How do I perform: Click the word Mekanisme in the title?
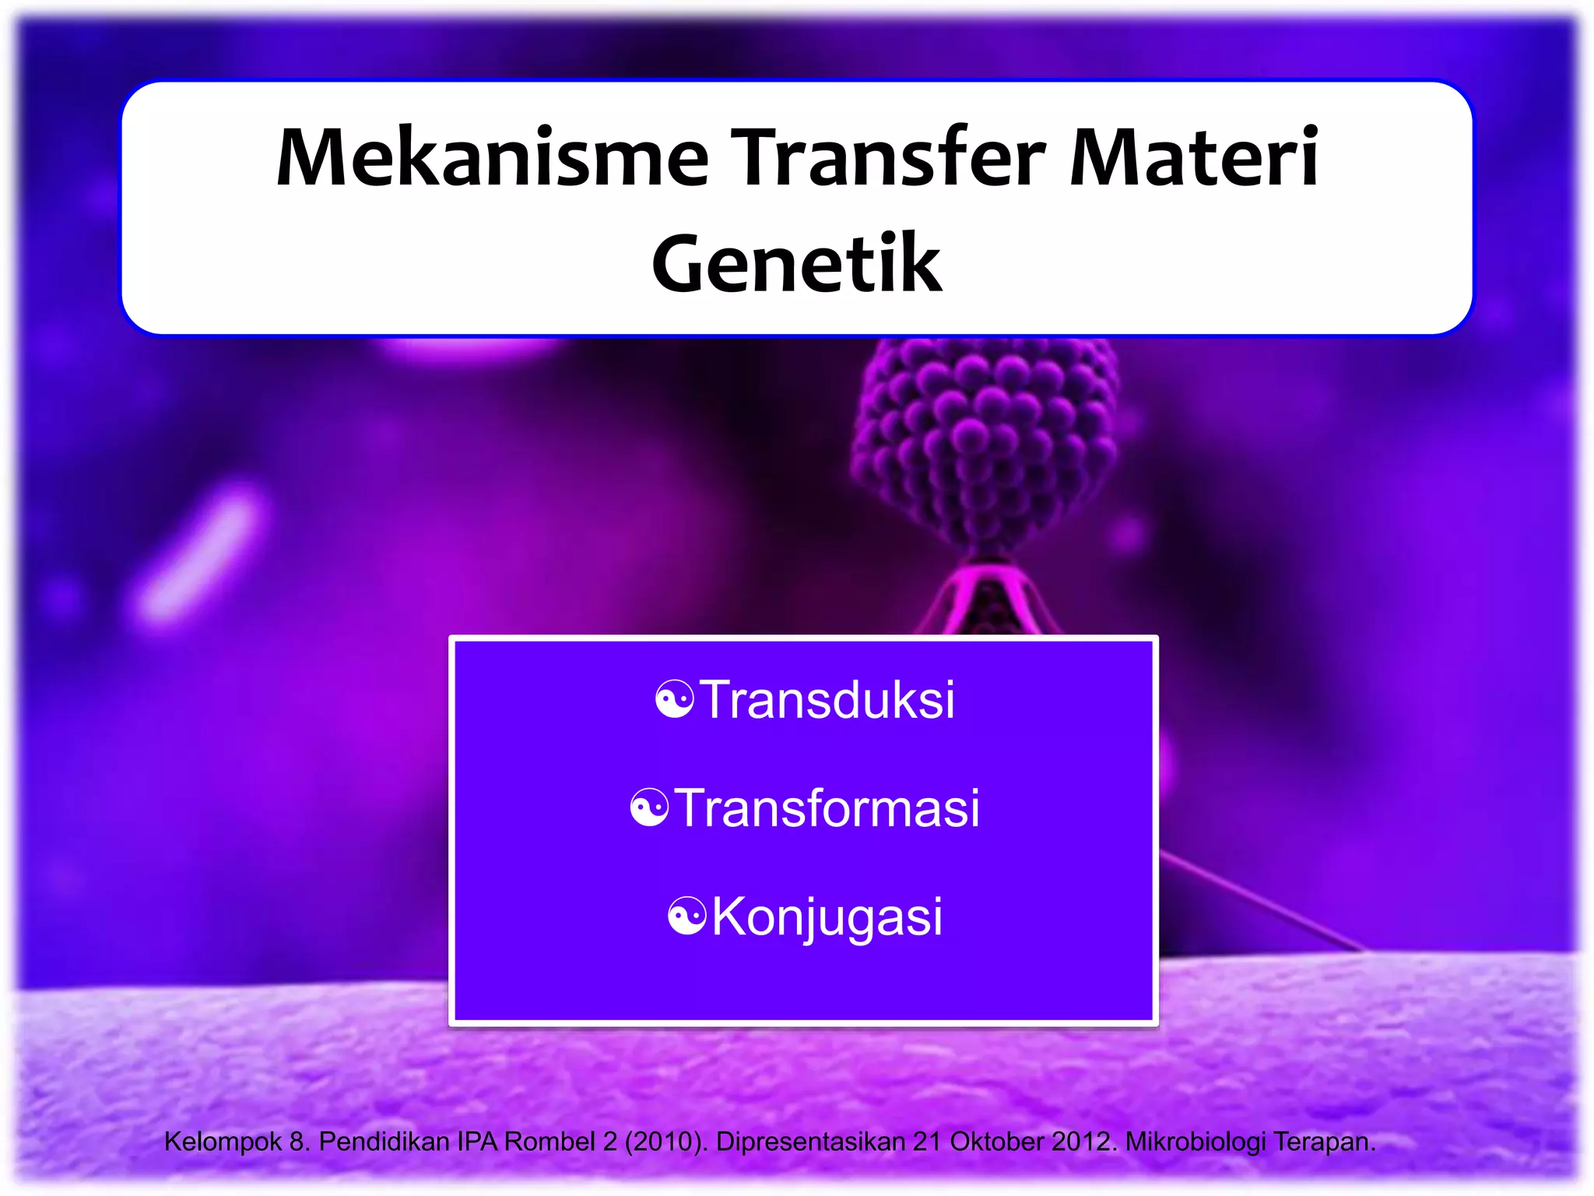click(492, 159)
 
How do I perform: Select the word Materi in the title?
click(1194, 159)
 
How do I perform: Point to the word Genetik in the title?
click(797, 265)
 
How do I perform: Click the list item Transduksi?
click(827, 699)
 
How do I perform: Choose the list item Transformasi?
click(827, 807)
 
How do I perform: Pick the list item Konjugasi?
click(827, 916)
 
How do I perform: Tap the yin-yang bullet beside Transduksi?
click(674, 699)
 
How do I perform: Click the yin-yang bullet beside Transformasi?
click(649, 807)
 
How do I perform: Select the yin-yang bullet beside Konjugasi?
click(687, 916)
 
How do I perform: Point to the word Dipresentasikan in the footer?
click(810, 1141)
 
